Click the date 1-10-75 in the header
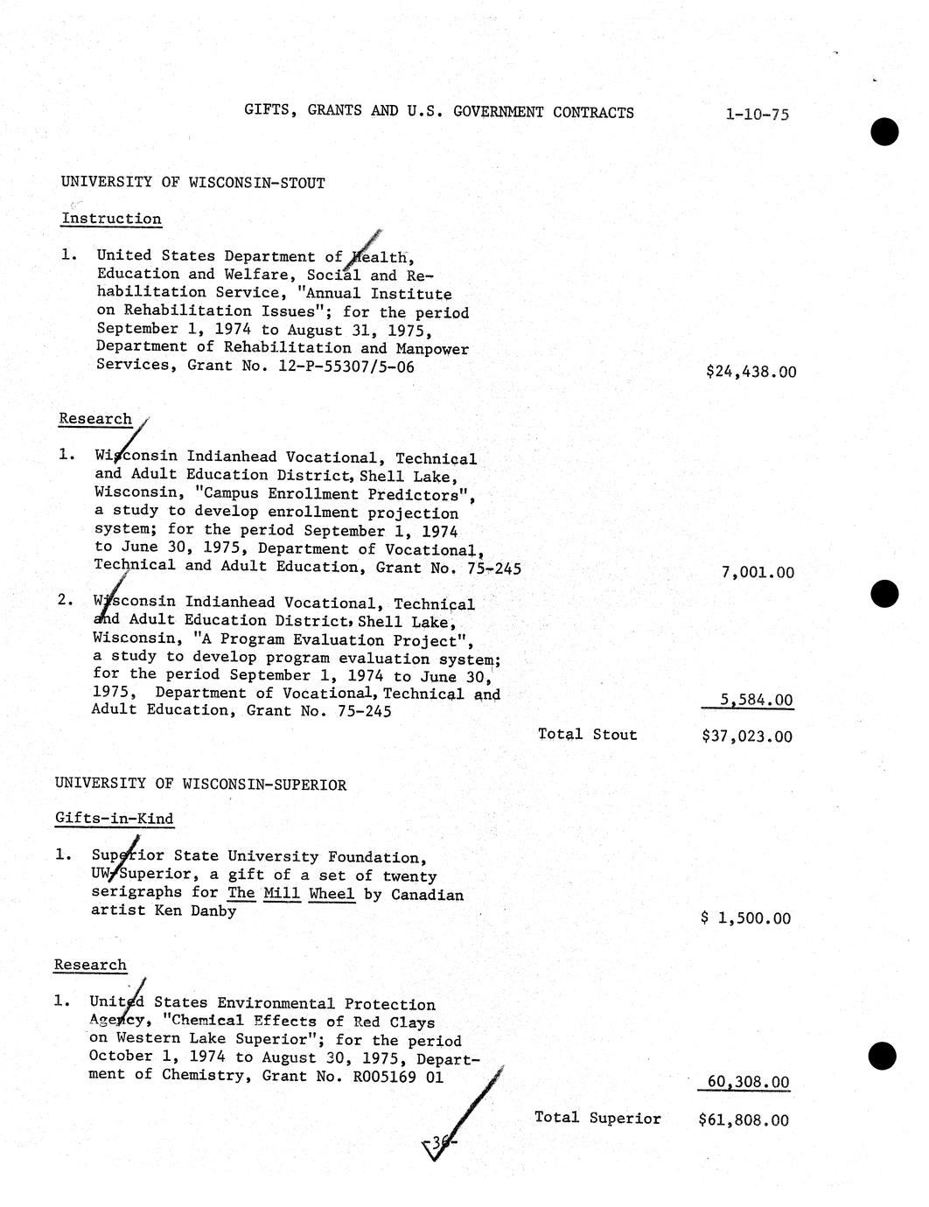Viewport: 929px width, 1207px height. pyautogui.click(x=757, y=114)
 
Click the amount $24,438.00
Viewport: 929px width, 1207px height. pyautogui.click(x=751, y=372)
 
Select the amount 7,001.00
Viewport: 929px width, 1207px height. pyautogui.click(x=758, y=573)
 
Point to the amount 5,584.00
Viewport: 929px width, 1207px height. pyautogui.click(x=757, y=700)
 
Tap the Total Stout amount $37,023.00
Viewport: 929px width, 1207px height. pyautogui.click(x=747, y=736)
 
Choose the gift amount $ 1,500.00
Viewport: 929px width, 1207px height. pyautogui.click(x=746, y=918)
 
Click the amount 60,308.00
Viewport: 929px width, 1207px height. pyautogui.click(x=748, y=1082)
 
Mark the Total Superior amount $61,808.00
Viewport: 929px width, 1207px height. pyautogui.click(x=744, y=1120)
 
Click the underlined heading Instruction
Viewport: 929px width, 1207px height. pyautogui.click(x=111, y=219)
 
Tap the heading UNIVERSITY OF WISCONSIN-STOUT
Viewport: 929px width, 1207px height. pyautogui.click(x=192, y=183)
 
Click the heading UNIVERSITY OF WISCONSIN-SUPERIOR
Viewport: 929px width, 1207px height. pyautogui.click(x=200, y=785)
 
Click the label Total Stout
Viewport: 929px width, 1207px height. pyautogui.click(x=587, y=735)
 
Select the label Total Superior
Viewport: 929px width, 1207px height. pyautogui.click(x=597, y=1118)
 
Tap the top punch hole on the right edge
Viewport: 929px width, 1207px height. pyautogui.click(x=884, y=131)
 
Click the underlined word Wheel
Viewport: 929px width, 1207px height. pyautogui.click(x=332, y=894)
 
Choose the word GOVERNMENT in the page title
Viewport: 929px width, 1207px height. pyautogui.click(x=499, y=112)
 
